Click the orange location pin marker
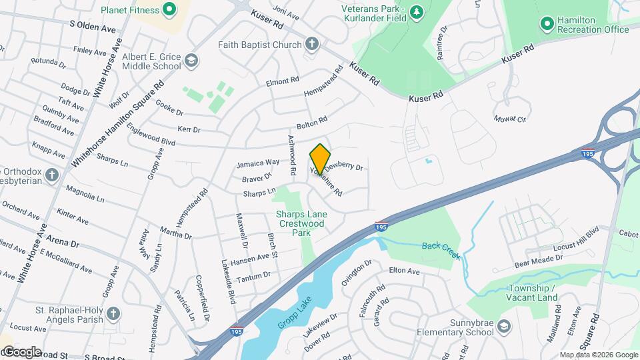(320, 159)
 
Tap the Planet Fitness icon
(169, 10)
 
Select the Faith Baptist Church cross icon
(311, 45)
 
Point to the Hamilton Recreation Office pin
(547, 24)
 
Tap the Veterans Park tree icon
(417, 11)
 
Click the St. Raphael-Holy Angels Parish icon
(113, 313)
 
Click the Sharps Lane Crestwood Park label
(301, 224)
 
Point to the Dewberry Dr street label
(348, 167)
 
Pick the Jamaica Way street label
(257, 163)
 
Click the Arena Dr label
(63, 242)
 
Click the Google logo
(21, 351)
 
